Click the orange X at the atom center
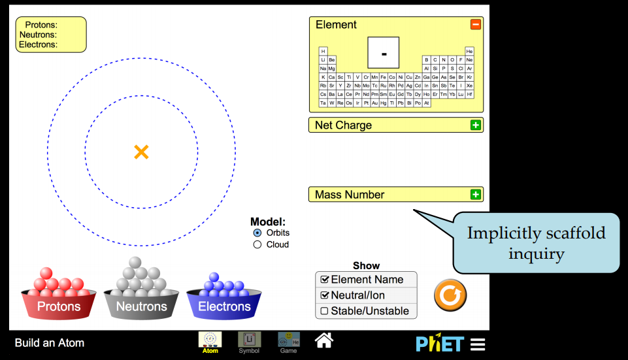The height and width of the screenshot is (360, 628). point(141,152)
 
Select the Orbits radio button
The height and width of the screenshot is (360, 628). point(257,233)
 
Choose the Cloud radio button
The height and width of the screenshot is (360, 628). point(257,244)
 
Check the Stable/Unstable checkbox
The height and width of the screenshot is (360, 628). point(324,311)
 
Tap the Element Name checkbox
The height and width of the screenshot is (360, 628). point(324,280)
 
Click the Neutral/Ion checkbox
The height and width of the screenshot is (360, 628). point(324,295)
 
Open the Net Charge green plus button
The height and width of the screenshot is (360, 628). point(475,125)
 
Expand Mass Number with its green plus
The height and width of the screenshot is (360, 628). point(475,194)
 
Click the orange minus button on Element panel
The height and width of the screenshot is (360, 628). point(475,25)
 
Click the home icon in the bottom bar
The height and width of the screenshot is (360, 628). point(324,340)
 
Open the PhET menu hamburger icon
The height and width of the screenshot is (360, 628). point(478,344)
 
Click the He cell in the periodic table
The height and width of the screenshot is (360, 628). point(469,51)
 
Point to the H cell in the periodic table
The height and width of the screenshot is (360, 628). point(323,51)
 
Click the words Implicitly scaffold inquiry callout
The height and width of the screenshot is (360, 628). point(536,242)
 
